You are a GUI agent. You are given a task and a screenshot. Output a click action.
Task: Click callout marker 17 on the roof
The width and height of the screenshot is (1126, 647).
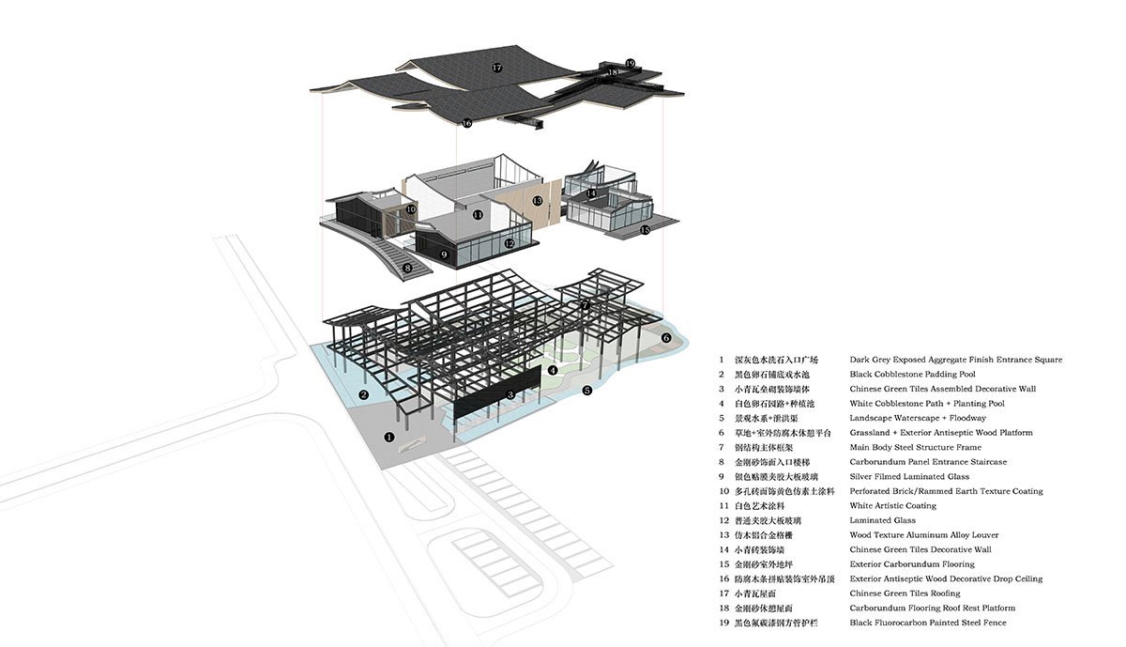pos(497,68)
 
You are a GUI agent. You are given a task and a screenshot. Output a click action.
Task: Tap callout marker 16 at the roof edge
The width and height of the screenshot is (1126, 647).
pos(466,122)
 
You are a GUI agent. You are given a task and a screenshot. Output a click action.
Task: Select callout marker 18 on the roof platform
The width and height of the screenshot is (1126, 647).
pos(613,72)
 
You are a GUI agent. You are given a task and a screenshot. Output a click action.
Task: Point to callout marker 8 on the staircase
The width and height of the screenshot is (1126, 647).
pos(407,268)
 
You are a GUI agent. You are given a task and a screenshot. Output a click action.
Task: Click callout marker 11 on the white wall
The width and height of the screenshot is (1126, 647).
pos(478,215)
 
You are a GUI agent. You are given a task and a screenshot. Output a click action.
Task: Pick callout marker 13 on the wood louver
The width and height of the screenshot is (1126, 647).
pos(538,201)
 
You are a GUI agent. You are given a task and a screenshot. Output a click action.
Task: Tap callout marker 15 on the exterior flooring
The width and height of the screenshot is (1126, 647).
pos(645,229)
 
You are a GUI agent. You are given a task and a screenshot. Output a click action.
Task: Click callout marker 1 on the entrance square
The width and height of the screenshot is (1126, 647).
pos(389,437)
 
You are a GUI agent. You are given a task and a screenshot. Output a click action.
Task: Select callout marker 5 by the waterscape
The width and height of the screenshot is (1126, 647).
pos(586,390)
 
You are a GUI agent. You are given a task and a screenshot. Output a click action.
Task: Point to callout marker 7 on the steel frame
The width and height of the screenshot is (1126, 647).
pos(585,305)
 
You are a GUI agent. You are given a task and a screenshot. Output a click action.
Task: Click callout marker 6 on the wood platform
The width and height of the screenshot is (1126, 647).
pos(666,337)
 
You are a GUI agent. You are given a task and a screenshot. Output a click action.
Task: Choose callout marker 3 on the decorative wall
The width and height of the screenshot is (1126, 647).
pos(510,394)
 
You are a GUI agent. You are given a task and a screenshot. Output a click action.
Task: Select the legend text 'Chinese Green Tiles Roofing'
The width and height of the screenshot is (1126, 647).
pos(905,593)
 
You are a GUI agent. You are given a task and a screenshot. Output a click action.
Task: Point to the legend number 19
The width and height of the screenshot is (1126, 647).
pos(723,623)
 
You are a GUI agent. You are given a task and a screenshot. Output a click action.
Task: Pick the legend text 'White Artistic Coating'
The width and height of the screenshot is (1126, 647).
pos(892,506)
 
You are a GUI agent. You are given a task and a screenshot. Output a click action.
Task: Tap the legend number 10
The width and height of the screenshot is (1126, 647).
pos(723,491)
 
